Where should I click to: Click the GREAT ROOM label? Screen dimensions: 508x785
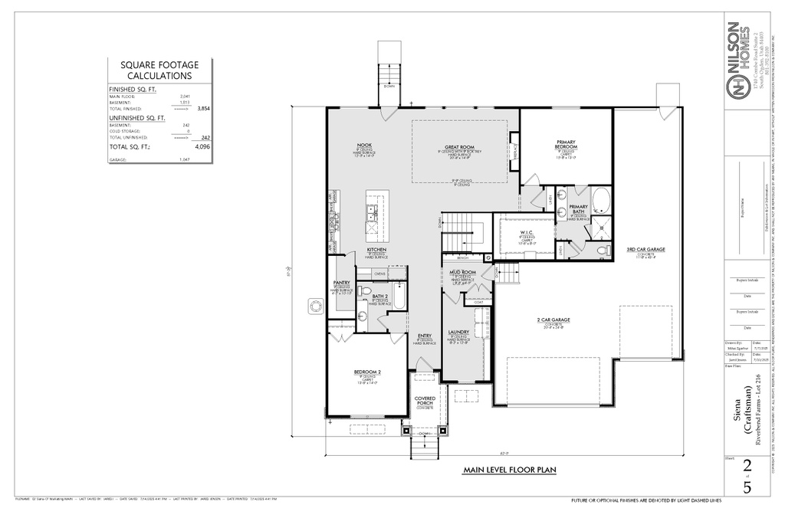[x=460, y=147]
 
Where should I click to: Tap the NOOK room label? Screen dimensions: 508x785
[x=364, y=146]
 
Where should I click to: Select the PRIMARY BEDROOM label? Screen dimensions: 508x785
[x=567, y=143]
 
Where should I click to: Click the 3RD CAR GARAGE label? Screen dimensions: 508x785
[x=645, y=250]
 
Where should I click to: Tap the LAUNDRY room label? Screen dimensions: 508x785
[x=458, y=332]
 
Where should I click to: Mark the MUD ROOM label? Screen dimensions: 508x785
[x=462, y=272]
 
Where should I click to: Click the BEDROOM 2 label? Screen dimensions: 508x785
[x=367, y=372]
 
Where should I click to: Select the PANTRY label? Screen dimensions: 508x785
[x=341, y=283]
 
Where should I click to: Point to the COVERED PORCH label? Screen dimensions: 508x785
[x=425, y=401]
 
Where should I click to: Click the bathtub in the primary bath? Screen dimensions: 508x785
[x=600, y=201]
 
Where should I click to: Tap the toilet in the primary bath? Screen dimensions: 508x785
[x=603, y=251]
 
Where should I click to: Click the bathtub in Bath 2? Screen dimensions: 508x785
[x=398, y=300]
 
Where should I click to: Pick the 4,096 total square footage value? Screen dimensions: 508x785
[x=202, y=146]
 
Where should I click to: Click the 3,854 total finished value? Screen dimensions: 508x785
[x=203, y=109]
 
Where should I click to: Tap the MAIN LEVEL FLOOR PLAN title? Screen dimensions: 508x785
[x=509, y=470]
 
